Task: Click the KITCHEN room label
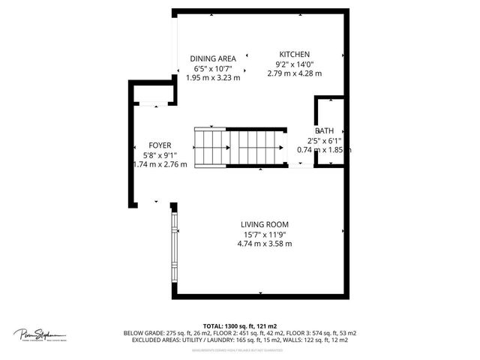[x=295, y=55]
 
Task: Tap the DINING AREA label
[x=213, y=58]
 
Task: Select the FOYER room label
[x=160, y=145]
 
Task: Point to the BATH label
[x=324, y=130]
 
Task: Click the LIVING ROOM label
[x=265, y=224]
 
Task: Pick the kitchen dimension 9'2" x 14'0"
[x=295, y=64]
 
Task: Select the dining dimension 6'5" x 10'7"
[x=213, y=68]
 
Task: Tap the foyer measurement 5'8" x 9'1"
[x=159, y=155]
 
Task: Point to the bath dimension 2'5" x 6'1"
[x=324, y=140]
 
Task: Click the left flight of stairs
[x=209, y=147]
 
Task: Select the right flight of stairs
[x=256, y=147]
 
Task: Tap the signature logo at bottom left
[x=40, y=334]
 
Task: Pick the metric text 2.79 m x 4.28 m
[x=295, y=73]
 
